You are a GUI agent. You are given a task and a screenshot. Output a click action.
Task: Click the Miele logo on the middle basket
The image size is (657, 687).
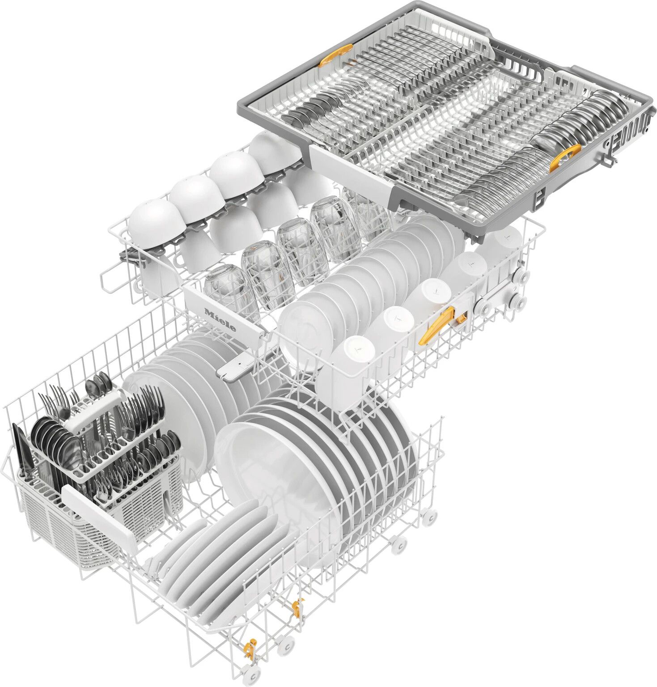220,319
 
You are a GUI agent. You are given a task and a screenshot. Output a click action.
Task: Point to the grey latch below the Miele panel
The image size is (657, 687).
235,369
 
